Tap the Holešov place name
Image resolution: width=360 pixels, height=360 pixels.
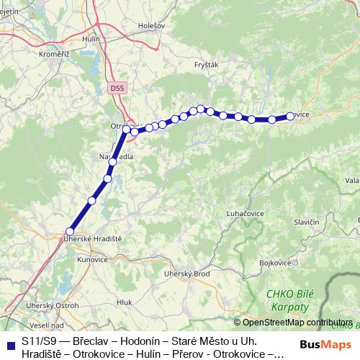151,25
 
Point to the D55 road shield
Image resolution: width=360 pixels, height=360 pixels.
117,87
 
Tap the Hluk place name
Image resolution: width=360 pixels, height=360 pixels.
125,303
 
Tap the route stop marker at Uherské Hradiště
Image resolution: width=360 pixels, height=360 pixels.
69,230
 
